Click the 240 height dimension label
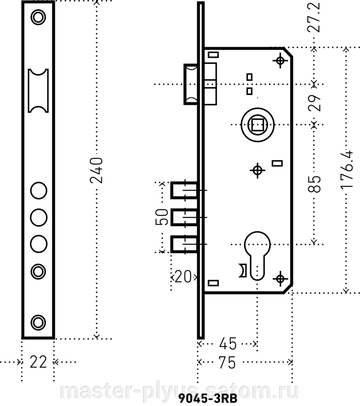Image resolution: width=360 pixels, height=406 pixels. coord(96,170)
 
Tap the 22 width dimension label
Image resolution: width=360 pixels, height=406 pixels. coord(38,362)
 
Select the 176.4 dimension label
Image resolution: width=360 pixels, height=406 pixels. coord(347,169)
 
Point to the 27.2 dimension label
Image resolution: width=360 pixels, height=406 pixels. coord(314,17)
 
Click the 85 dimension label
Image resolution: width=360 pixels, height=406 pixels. coord(314,184)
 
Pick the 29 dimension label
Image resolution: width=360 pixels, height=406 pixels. coord(314,103)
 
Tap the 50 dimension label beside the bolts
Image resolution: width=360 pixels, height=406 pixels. coord(162,217)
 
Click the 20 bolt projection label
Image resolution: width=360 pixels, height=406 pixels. coord(183,277)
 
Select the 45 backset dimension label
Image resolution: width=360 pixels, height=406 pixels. coord(228,344)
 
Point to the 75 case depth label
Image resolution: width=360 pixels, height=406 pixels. coord(227,362)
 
